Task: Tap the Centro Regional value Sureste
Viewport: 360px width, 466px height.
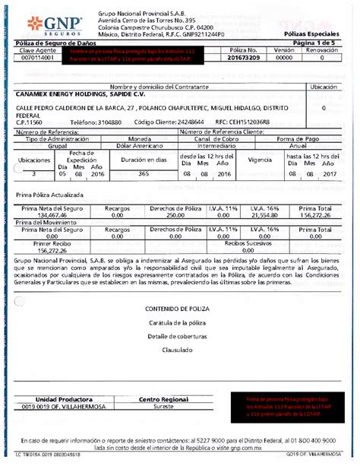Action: click(163, 406)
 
